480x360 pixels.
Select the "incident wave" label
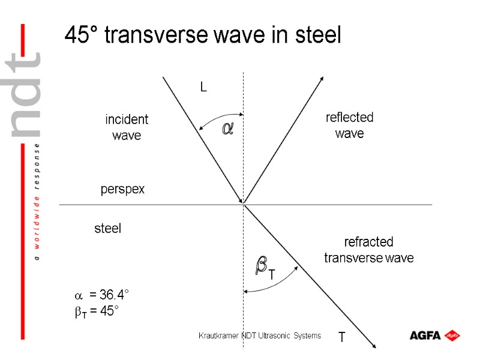[127, 127]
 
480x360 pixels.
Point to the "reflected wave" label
[349, 125]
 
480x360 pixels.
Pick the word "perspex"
[122, 190]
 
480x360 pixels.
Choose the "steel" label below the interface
[108, 229]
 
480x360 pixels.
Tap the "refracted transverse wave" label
[368, 250]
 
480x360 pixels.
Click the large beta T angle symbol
[264, 266]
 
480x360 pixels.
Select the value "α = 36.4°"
[101, 295]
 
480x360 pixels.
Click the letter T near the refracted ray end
[341, 338]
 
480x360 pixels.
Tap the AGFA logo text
[425, 335]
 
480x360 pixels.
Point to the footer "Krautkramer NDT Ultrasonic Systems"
[260, 335]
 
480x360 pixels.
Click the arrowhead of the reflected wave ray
[323, 79]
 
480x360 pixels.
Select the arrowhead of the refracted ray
[373, 344]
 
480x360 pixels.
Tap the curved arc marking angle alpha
[210, 118]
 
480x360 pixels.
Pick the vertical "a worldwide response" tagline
[37, 201]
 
